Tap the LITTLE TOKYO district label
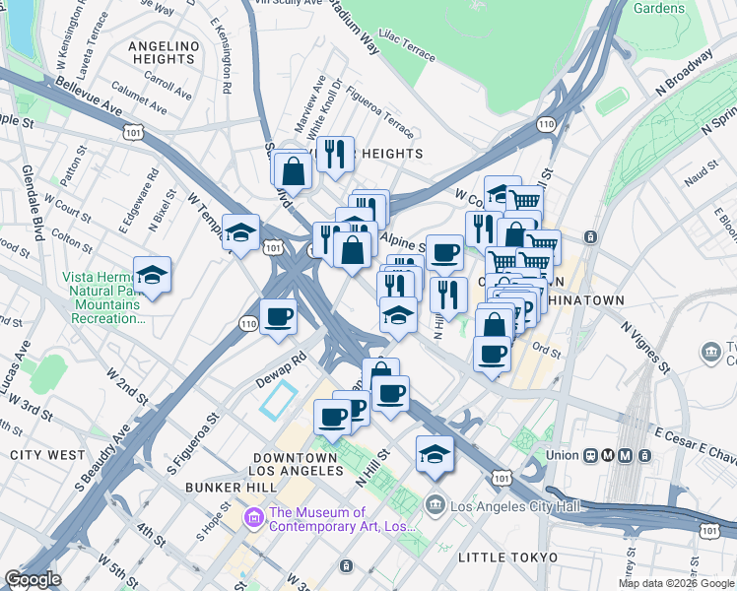(x=507, y=558)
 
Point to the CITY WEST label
(x=46, y=455)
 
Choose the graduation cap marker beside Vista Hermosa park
(x=152, y=274)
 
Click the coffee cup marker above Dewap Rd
(x=279, y=316)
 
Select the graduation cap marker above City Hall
(x=435, y=453)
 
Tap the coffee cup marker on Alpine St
(x=444, y=252)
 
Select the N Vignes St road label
(x=645, y=344)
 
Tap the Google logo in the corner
(x=33, y=579)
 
